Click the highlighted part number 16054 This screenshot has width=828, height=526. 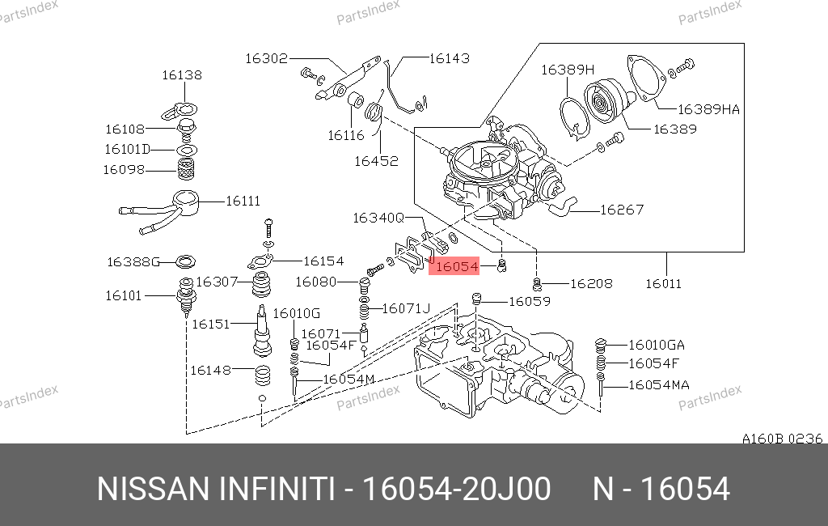click(x=458, y=266)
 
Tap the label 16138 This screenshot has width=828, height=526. click(x=182, y=75)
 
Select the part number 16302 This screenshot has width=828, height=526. click(x=266, y=58)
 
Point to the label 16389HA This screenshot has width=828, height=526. click(x=708, y=109)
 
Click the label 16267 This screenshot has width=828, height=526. click(x=622, y=210)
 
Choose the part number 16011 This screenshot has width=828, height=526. click(x=663, y=283)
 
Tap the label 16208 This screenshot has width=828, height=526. click(x=591, y=283)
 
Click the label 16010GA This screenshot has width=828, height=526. click(x=657, y=346)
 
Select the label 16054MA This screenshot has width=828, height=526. click(x=659, y=385)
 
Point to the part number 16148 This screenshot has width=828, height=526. click(x=211, y=370)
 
